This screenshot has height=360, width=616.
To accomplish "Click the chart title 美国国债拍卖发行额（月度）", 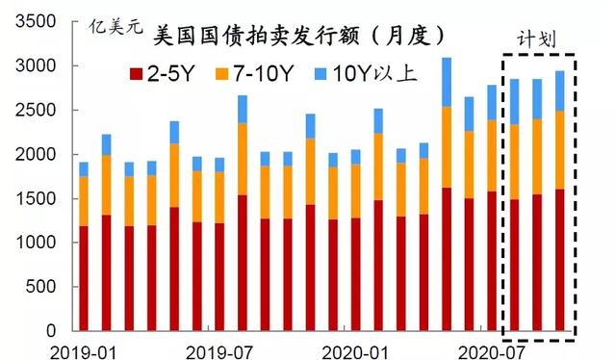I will click(x=301, y=36).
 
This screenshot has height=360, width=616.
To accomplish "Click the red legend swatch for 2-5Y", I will click(x=136, y=73).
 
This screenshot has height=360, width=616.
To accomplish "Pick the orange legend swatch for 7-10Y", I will click(x=234, y=73).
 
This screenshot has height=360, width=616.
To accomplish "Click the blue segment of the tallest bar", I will click(x=446, y=82).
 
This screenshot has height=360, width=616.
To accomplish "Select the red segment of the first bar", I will click(x=84, y=278).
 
